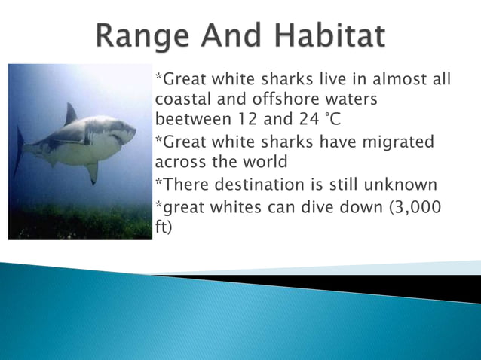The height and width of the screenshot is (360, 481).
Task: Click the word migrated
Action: (398, 142)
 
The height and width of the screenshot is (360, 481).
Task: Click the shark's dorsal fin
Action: (70, 114)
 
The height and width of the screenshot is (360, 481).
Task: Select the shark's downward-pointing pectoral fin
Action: (92, 172)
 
